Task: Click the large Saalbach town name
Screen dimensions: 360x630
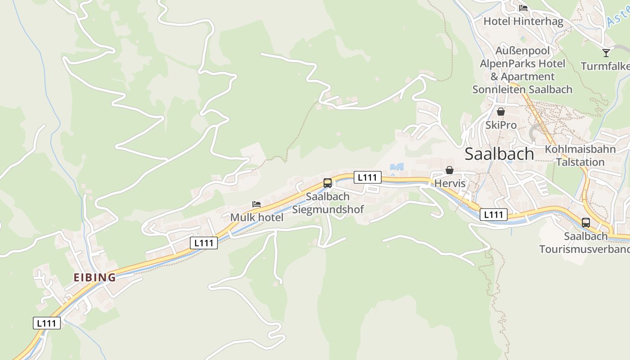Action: (x=499, y=154)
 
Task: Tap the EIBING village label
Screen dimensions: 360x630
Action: (x=94, y=277)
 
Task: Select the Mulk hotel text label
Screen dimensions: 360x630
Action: (x=256, y=217)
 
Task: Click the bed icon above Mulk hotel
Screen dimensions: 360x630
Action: (x=256, y=204)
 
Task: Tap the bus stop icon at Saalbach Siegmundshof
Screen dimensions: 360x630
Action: (x=328, y=183)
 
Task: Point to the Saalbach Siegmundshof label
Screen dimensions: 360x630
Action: (x=328, y=203)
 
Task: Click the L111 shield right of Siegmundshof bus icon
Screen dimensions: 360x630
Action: (x=367, y=177)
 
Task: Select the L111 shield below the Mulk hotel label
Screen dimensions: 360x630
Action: (x=204, y=243)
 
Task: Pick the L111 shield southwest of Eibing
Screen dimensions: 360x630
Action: (x=47, y=323)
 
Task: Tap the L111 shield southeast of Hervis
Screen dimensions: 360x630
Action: (x=494, y=215)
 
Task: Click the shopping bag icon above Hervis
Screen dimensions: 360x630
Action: (x=449, y=170)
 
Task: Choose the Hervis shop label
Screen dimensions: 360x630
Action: (x=450, y=184)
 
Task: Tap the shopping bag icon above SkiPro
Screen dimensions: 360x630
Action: (x=500, y=112)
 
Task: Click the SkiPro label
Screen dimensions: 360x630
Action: (x=501, y=125)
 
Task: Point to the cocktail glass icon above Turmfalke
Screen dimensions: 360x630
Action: (x=606, y=53)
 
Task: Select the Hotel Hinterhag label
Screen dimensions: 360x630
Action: (x=523, y=21)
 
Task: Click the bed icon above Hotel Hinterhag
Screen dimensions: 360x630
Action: (x=523, y=8)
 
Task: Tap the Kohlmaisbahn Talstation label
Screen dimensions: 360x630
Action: (x=580, y=155)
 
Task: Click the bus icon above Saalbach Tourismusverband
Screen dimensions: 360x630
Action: (x=585, y=222)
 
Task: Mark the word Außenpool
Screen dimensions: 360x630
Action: (x=522, y=50)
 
